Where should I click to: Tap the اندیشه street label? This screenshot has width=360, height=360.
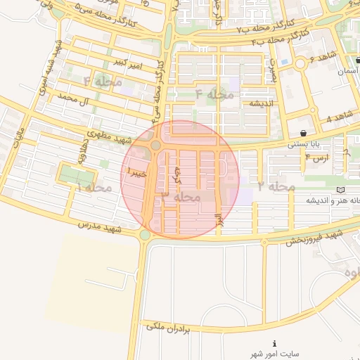pos(257,103)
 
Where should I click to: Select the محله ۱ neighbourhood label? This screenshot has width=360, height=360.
pos(94,188)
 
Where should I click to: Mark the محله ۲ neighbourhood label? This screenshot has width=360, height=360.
pos(276,186)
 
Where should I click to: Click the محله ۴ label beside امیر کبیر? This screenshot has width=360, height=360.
pos(98,81)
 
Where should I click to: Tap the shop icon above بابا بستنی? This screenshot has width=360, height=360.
pos(303,133)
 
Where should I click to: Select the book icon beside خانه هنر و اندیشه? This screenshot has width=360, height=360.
pos(341,189)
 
